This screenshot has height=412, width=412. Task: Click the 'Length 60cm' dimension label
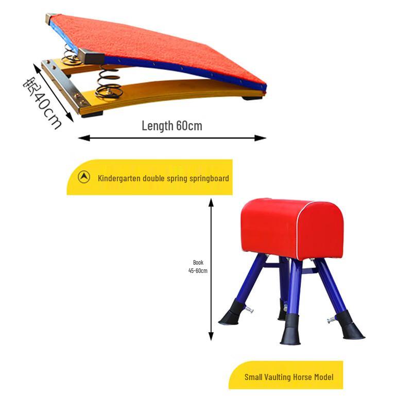[172, 126]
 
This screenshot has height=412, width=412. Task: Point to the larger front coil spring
[109, 82]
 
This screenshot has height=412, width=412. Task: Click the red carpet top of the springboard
[160, 46]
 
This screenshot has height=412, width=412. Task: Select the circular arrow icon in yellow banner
[84, 177]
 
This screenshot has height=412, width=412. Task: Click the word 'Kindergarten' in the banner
[117, 178]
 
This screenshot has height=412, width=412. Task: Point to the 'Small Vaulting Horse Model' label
[289, 377]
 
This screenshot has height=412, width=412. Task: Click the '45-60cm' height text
[198, 270]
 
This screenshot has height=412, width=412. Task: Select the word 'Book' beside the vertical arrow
[198, 262]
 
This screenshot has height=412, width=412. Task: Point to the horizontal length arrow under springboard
[172, 138]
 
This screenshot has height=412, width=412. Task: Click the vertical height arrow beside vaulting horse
[211, 268]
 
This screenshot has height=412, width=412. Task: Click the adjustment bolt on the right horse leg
[330, 320]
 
